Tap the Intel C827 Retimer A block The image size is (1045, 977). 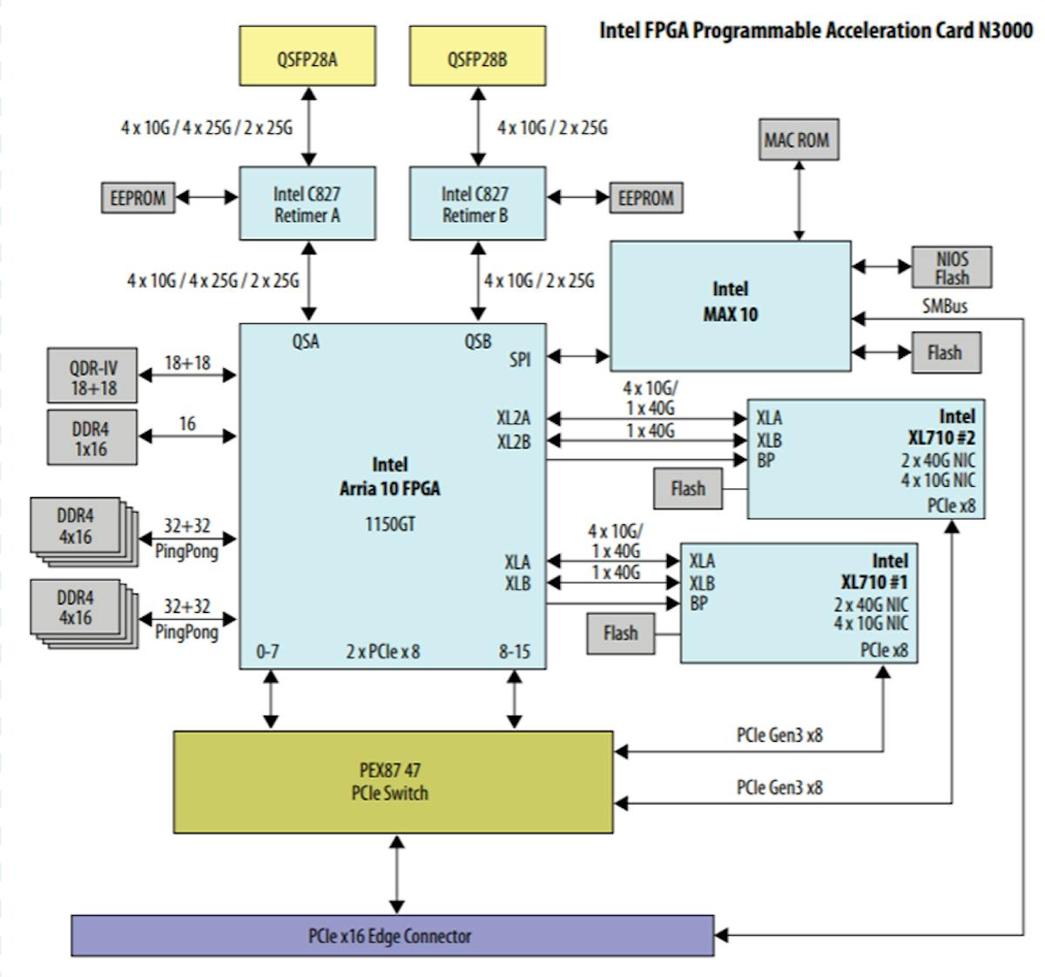pyautogui.click(x=307, y=204)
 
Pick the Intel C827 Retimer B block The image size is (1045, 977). pyautogui.click(x=477, y=204)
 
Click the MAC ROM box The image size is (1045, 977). pyautogui.click(x=798, y=139)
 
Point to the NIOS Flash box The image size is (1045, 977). pyautogui.click(x=952, y=268)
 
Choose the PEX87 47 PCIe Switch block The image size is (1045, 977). pyautogui.click(x=393, y=782)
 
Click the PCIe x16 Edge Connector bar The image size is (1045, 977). pyautogui.click(x=392, y=936)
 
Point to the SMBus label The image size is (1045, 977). pyautogui.click(x=944, y=307)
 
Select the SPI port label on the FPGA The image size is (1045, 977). pyautogui.click(x=519, y=358)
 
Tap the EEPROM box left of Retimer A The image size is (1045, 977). pyautogui.click(x=138, y=199)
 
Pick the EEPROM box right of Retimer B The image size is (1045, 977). pyautogui.click(x=646, y=199)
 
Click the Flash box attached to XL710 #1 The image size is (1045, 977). pyautogui.click(x=620, y=633)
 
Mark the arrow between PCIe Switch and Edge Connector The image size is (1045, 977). pyautogui.click(x=398, y=874)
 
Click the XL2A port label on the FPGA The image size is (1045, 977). pyautogui.click(x=514, y=418)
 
